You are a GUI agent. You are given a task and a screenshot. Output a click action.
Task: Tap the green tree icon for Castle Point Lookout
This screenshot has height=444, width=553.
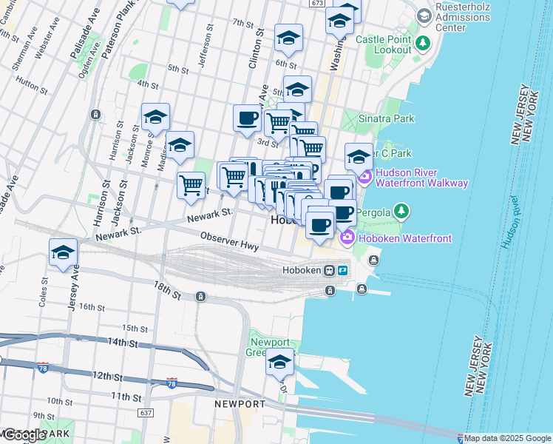(x=423, y=42)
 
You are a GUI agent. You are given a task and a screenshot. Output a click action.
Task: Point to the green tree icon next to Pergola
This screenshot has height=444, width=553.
(x=401, y=212)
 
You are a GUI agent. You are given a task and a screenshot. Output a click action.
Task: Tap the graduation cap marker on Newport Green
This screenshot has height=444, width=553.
(x=280, y=362)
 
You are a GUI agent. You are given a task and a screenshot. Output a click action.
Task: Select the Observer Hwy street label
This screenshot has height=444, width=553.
(x=229, y=240)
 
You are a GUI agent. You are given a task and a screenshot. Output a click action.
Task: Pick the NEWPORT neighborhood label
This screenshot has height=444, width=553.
(x=240, y=404)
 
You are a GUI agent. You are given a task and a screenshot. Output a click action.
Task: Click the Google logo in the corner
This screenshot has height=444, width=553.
(x=24, y=434)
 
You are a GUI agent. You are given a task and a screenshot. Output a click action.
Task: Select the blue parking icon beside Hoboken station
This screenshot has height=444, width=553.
(x=343, y=270)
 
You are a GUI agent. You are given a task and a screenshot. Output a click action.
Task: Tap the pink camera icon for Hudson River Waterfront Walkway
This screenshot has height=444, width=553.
(x=364, y=178)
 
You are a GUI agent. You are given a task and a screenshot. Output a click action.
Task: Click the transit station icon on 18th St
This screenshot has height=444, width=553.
(x=201, y=297)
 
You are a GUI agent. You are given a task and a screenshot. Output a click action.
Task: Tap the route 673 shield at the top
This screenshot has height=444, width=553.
(x=317, y=4)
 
